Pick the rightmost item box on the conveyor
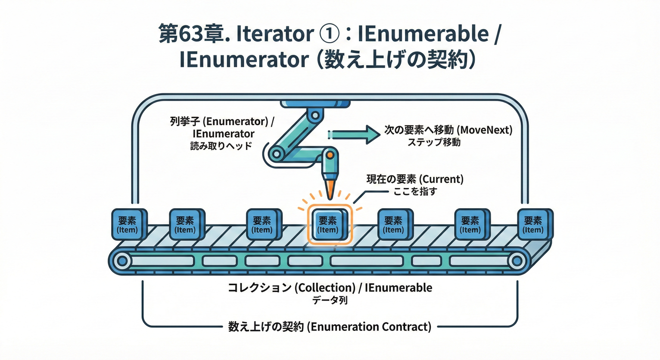click(533, 225)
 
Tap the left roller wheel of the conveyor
click(122, 261)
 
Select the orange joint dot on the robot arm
click(330, 154)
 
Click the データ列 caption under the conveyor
click(330, 300)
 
